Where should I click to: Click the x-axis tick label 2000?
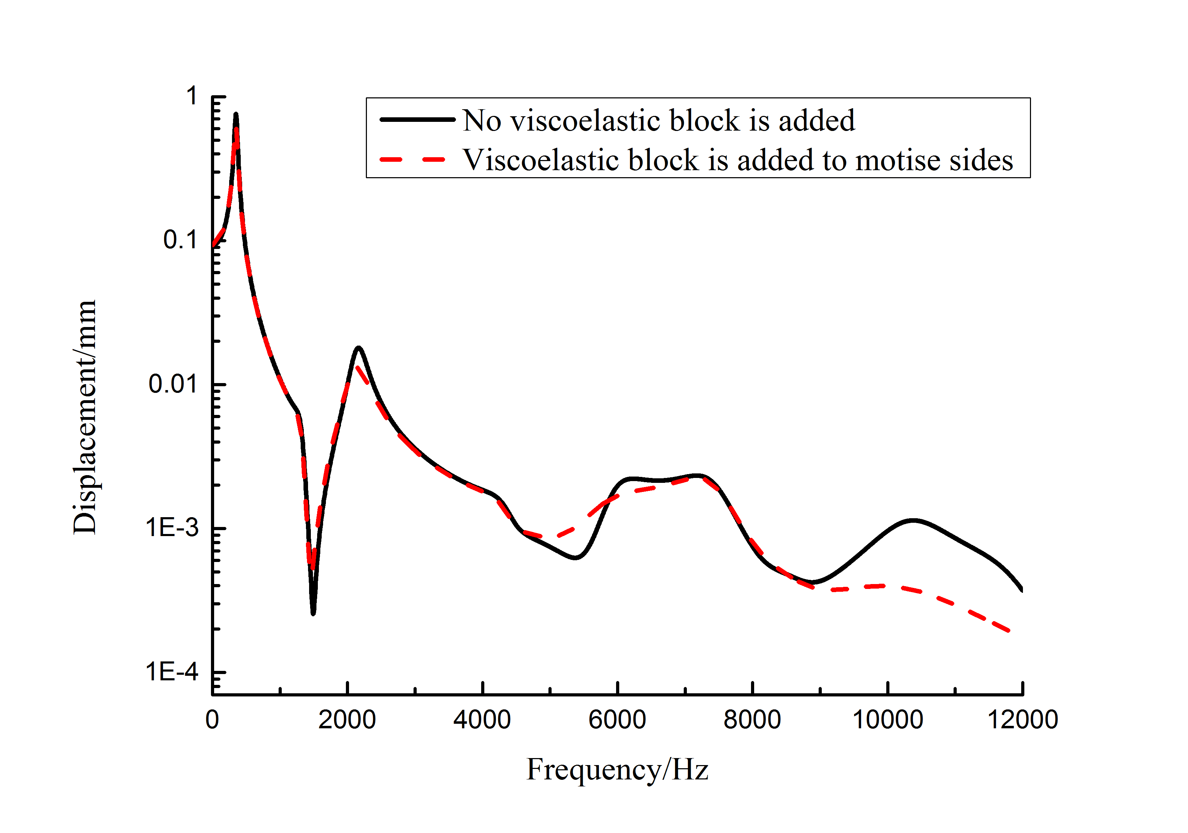click(x=347, y=720)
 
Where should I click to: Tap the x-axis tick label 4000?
click(x=482, y=720)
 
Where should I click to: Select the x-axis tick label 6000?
click(x=617, y=720)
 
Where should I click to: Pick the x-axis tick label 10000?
click(x=887, y=720)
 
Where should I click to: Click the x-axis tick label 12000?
click(x=1023, y=720)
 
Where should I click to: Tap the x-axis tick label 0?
click(x=212, y=720)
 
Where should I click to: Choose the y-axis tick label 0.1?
click(x=180, y=240)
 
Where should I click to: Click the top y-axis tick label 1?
click(x=192, y=96)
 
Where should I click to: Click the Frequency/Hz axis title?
click(x=617, y=769)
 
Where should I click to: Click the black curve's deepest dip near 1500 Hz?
click(x=313, y=613)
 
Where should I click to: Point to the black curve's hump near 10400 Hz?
click(x=913, y=520)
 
